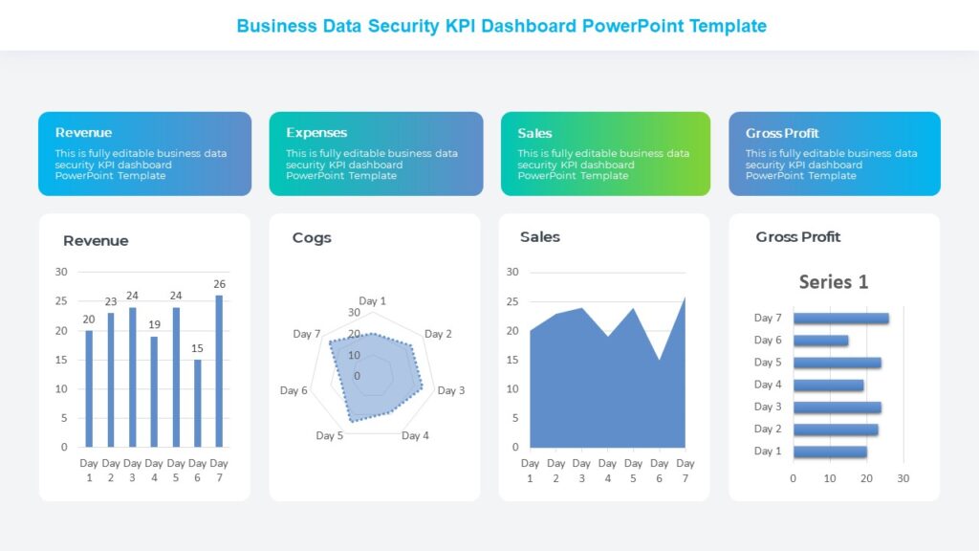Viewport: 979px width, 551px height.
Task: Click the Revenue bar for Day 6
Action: coord(198,403)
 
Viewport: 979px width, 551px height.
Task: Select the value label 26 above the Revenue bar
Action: coord(220,284)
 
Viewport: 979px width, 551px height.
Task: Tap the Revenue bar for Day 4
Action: coord(154,391)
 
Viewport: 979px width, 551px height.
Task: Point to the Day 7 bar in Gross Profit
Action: coord(840,319)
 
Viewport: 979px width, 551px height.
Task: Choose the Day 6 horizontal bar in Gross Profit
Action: coord(820,341)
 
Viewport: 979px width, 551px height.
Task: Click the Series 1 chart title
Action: coord(834,282)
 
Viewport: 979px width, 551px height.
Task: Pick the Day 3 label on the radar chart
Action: coord(451,390)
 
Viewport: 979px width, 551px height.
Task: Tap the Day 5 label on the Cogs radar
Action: coord(330,436)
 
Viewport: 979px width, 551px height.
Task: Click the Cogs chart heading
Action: coord(312,238)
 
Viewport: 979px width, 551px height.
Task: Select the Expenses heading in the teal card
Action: coord(316,133)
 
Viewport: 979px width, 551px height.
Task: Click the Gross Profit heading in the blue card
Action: coord(782,133)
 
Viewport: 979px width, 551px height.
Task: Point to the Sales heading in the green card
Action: coord(535,133)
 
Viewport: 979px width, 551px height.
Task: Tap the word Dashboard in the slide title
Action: coord(526,26)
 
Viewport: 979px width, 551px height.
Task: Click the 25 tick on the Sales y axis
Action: coord(511,301)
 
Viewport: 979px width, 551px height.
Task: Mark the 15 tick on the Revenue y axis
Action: coord(61,360)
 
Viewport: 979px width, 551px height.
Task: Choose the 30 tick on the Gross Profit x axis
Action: coord(903,478)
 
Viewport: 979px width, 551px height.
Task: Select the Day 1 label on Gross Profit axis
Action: coord(768,452)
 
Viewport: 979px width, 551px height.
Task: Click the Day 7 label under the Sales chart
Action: coord(685,470)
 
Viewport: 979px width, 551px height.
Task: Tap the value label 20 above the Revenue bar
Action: coord(89,320)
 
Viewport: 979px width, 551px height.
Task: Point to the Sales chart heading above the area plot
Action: coord(540,237)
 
